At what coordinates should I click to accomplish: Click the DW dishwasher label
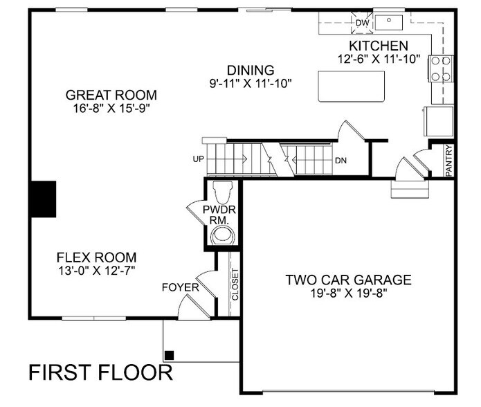coord(361,23)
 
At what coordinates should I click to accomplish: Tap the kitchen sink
coord(389,23)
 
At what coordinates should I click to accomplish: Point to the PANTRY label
coord(450,161)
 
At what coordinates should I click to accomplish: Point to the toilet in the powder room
coord(221,190)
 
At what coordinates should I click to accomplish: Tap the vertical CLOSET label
coord(235,283)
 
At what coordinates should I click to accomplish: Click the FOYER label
coord(180,287)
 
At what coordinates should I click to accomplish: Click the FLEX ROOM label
coord(96,256)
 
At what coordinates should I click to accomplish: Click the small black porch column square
coord(170,356)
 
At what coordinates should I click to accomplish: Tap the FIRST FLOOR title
coord(101,373)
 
